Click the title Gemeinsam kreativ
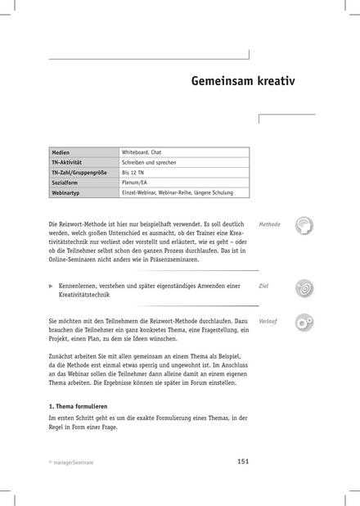pos(243,83)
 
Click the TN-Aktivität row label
pos(67,163)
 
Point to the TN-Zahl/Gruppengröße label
pos(77,174)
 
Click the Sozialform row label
pos(65,183)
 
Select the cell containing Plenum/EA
pos(137,183)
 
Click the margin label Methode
pos(269,224)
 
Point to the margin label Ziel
pos(263,286)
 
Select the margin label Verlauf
pos(268,321)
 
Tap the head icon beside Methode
pos(303,227)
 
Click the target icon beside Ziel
pos(303,288)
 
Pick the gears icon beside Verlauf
pos(303,324)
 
